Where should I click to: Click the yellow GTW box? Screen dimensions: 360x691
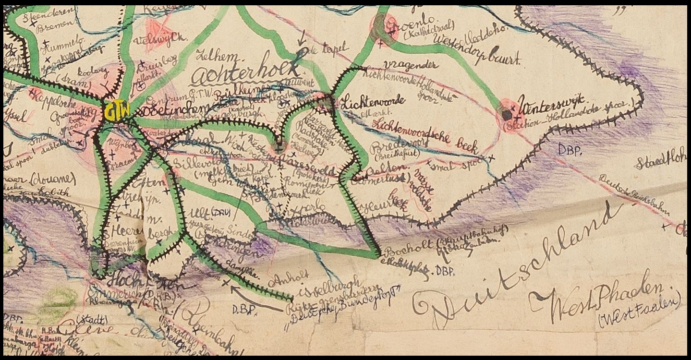(x=117, y=111)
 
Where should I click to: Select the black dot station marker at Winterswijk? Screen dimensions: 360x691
(x=507, y=115)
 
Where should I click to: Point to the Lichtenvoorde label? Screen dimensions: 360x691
(x=372, y=100)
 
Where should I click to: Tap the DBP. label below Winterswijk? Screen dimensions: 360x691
(x=570, y=150)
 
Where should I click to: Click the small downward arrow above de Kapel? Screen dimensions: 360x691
(x=302, y=40)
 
